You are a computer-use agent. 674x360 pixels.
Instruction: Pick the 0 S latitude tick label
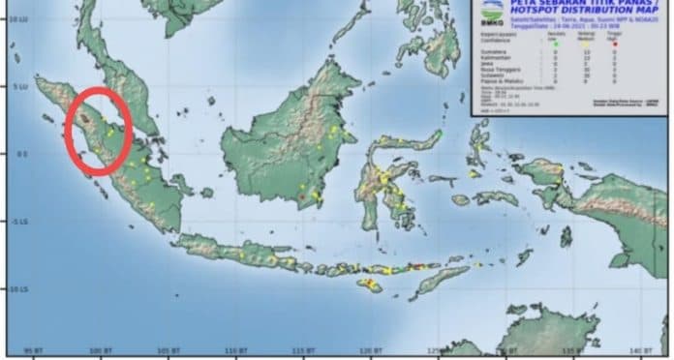pyautogui.click(x=15, y=153)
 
